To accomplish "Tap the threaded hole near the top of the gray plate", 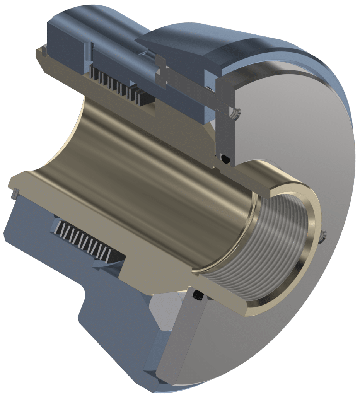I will (235, 113).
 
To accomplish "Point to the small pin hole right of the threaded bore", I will (324, 234).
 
